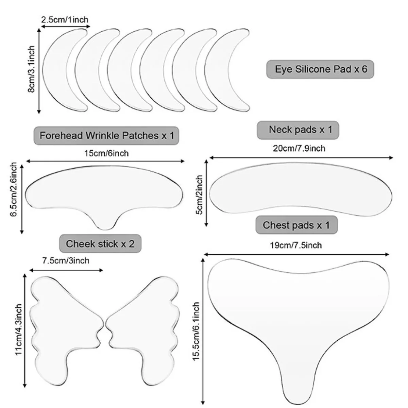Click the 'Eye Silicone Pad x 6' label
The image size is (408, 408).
(x=320, y=69)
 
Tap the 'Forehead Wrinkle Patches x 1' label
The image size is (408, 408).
(x=106, y=136)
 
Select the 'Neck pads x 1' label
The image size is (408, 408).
(x=298, y=130)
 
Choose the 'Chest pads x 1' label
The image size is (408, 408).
(x=296, y=225)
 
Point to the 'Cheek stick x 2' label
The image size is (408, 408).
(x=100, y=244)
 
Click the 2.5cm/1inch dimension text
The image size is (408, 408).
(x=65, y=20)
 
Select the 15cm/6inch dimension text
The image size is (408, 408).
(x=106, y=153)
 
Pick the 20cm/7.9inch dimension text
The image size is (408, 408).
(x=299, y=149)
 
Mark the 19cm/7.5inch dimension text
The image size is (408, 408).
(x=296, y=245)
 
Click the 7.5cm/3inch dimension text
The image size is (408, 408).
(x=66, y=261)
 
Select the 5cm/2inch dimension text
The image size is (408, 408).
(x=200, y=194)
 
